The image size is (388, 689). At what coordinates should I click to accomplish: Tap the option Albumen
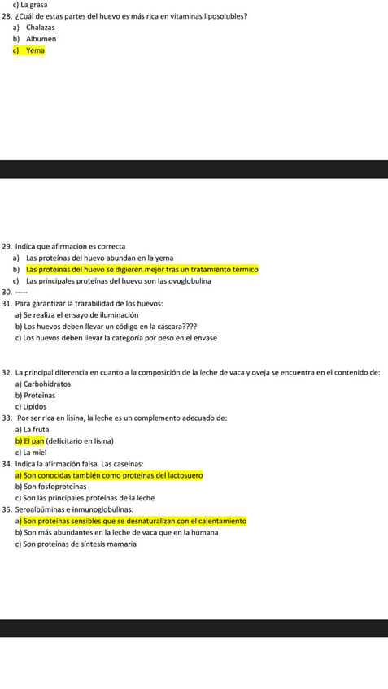(41, 38)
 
